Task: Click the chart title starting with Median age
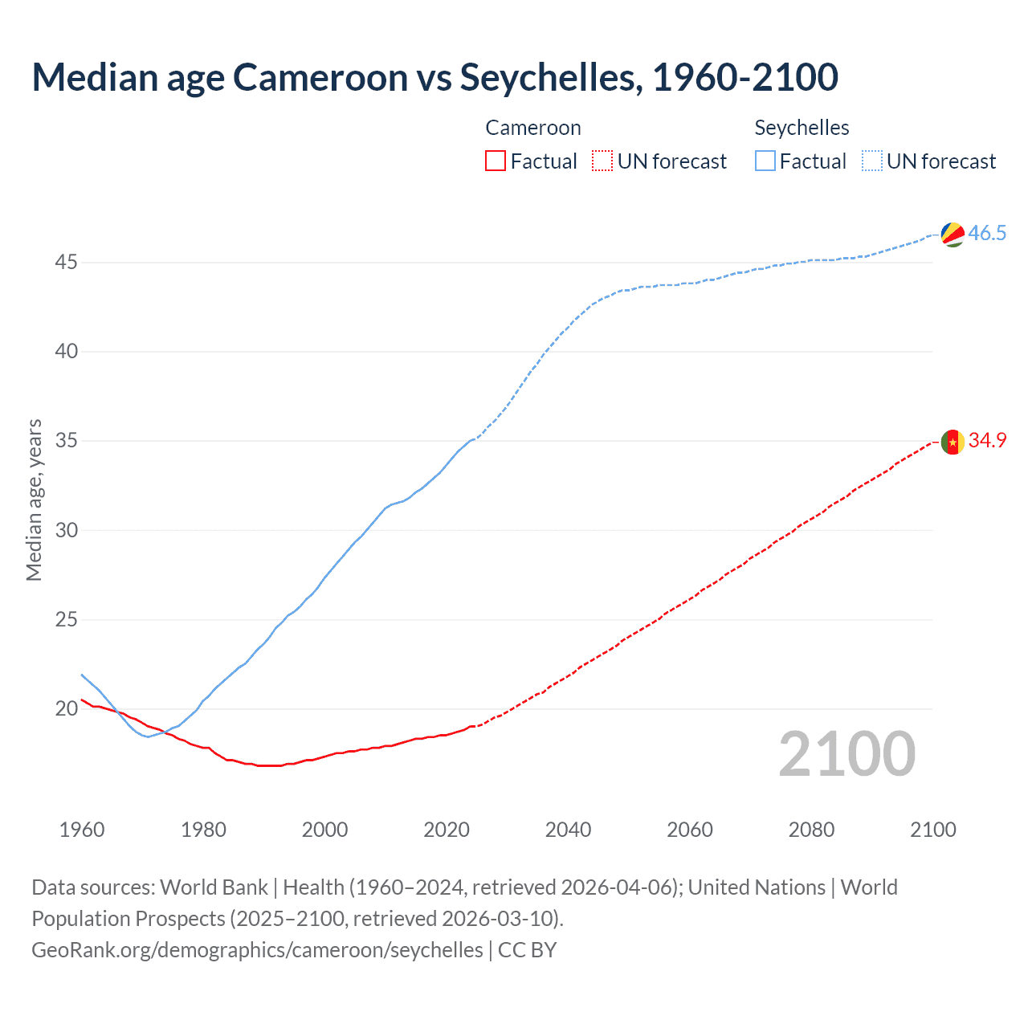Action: click(x=434, y=77)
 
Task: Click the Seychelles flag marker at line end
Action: click(x=953, y=234)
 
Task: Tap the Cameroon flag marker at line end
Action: click(x=953, y=442)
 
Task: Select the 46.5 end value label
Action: click(x=987, y=234)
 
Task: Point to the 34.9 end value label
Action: click(x=987, y=441)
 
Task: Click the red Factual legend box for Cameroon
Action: click(x=496, y=161)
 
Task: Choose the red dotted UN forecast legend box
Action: click(x=602, y=161)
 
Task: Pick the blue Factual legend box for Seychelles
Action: click(x=765, y=161)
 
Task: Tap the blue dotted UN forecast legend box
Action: click(x=871, y=161)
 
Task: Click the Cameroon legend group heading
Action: click(x=532, y=128)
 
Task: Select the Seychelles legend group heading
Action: click(x=802, y=128)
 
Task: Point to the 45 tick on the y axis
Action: click(x=66, y=263)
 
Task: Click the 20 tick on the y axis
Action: click(x=66, y=709)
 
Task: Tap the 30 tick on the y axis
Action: click(x=66, y=530)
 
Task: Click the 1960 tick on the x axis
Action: click(x=82, y=830)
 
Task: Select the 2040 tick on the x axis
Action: click(x=568, y=830)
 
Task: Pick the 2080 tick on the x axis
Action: click(x=811, y=830)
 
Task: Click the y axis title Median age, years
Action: click(x=34, y=500)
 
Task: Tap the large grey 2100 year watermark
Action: click(x=846, y=754)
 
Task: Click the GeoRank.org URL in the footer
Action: click(x=257, y=950)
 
